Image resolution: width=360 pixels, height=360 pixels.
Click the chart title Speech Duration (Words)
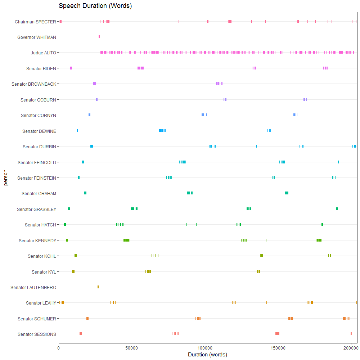(95, 6)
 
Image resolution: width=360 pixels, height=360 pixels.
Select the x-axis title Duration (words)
(207, 355)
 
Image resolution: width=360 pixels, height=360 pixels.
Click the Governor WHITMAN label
(37, 37)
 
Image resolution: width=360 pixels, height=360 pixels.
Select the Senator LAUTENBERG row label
(33, 287)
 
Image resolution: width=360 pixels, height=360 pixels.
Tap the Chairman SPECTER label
(35, 22)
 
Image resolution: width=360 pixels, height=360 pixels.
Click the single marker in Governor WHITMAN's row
(99, 37)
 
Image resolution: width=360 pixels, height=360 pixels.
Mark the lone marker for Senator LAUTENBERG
(98, 287)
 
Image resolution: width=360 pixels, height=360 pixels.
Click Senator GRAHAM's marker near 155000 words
(287, 193)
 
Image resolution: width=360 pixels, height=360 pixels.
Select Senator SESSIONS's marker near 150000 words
(277, 334)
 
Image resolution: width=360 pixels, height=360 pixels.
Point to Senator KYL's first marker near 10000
(73, 271)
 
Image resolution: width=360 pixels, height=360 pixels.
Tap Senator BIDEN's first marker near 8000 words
(71, 68)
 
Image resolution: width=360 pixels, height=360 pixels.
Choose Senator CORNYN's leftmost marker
(89, 115)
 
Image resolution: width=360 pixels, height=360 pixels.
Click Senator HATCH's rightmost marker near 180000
(322, 224)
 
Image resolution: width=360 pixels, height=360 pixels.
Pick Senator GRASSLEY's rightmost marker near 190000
(337, 209)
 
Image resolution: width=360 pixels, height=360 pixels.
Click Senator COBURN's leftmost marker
(96, 99)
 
